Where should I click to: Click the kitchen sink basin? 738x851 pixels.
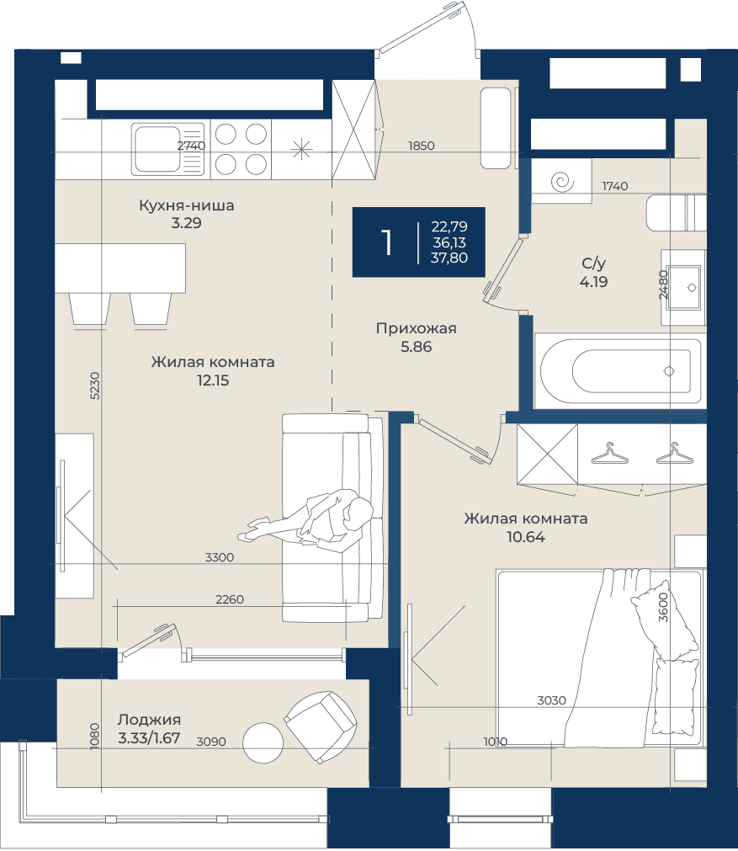157,149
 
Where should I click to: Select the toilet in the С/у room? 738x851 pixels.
676,213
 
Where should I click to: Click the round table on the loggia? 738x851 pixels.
263,743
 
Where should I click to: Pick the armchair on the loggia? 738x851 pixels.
321,726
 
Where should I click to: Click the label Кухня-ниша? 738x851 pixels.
187,205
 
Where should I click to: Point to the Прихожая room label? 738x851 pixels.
417,328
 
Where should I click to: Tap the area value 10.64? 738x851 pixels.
526,537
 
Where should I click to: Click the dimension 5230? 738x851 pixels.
94,386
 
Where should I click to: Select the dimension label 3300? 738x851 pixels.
220,557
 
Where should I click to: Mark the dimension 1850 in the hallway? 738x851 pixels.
421,146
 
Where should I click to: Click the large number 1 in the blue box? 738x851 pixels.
386,242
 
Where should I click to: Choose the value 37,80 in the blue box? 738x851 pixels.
449,258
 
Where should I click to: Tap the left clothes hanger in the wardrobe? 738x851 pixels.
609,455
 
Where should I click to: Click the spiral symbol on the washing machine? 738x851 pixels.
561,181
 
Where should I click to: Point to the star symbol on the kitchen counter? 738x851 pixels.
301,149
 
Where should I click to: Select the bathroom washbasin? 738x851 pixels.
683,287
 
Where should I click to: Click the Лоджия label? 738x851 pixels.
149,720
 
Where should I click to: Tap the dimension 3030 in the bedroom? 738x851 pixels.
551,700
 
